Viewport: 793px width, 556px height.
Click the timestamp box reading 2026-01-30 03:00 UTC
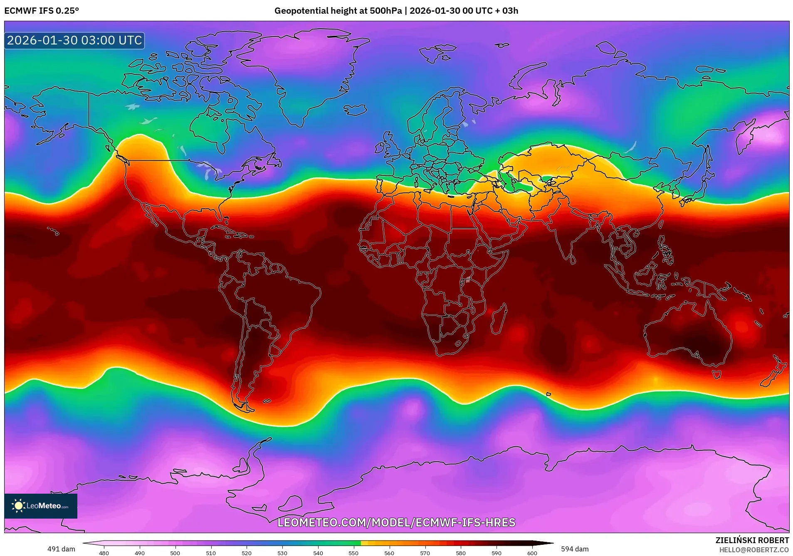coord(74,40)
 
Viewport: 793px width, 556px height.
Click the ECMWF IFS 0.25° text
coord(42,11)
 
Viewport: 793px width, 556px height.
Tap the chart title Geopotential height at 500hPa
coord(338,11)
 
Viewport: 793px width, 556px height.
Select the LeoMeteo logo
coord(41,506)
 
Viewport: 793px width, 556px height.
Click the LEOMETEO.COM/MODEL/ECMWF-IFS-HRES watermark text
coord(396,522)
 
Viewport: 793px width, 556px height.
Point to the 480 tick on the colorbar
coord(104,553)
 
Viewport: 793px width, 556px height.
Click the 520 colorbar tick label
coord(247,553)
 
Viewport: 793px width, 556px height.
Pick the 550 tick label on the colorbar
coord(353,553)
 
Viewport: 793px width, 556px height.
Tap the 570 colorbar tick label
coord(425,553)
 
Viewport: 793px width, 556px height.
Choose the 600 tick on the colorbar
coord(532,553)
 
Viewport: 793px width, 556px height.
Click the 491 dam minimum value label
coord(61,549)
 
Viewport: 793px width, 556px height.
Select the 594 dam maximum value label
coord(575,549)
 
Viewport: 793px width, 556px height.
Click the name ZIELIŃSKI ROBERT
coord(752,540)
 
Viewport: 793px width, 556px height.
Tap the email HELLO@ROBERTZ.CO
coord(754,550)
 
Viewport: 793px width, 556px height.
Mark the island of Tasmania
coord(716,374)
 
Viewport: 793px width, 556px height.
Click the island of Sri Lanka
coord(573,260)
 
